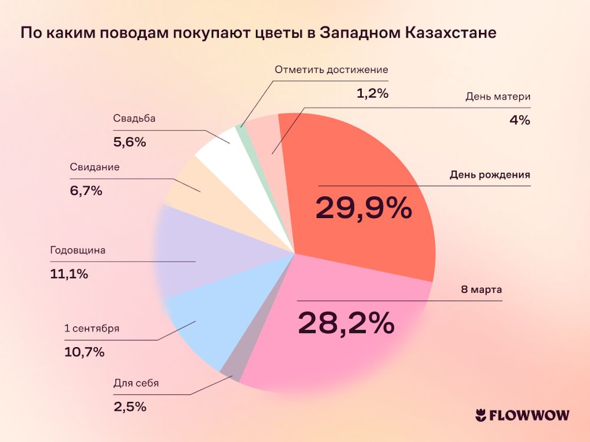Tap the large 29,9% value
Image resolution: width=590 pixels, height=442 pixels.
pos(363,208)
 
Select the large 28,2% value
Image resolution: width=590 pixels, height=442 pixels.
pos(346,322)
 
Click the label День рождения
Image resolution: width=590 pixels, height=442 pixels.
pos(490,175)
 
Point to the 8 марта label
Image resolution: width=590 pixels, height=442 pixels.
pos(480,290)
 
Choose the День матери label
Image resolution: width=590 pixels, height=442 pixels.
pos(498,97)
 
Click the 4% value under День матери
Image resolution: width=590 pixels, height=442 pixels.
pos(519,120)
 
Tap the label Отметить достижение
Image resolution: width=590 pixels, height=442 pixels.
pos(332,70)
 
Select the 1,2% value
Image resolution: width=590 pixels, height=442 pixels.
pos(372,93)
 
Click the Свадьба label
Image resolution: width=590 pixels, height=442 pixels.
pos(134,118)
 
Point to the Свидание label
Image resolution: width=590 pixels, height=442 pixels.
pos(94,167)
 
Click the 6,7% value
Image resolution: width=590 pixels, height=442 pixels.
pos(86,190)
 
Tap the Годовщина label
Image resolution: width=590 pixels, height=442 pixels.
pos(78,250)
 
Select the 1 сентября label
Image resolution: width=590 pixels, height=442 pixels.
pos(91,328)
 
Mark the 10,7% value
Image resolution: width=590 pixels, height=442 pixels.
pos(84,352)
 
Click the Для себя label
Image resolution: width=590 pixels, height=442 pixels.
pos(136,383)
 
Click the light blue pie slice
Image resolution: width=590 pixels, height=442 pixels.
pos(201,324)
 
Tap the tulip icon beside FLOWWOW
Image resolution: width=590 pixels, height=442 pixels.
pos(480,415)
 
